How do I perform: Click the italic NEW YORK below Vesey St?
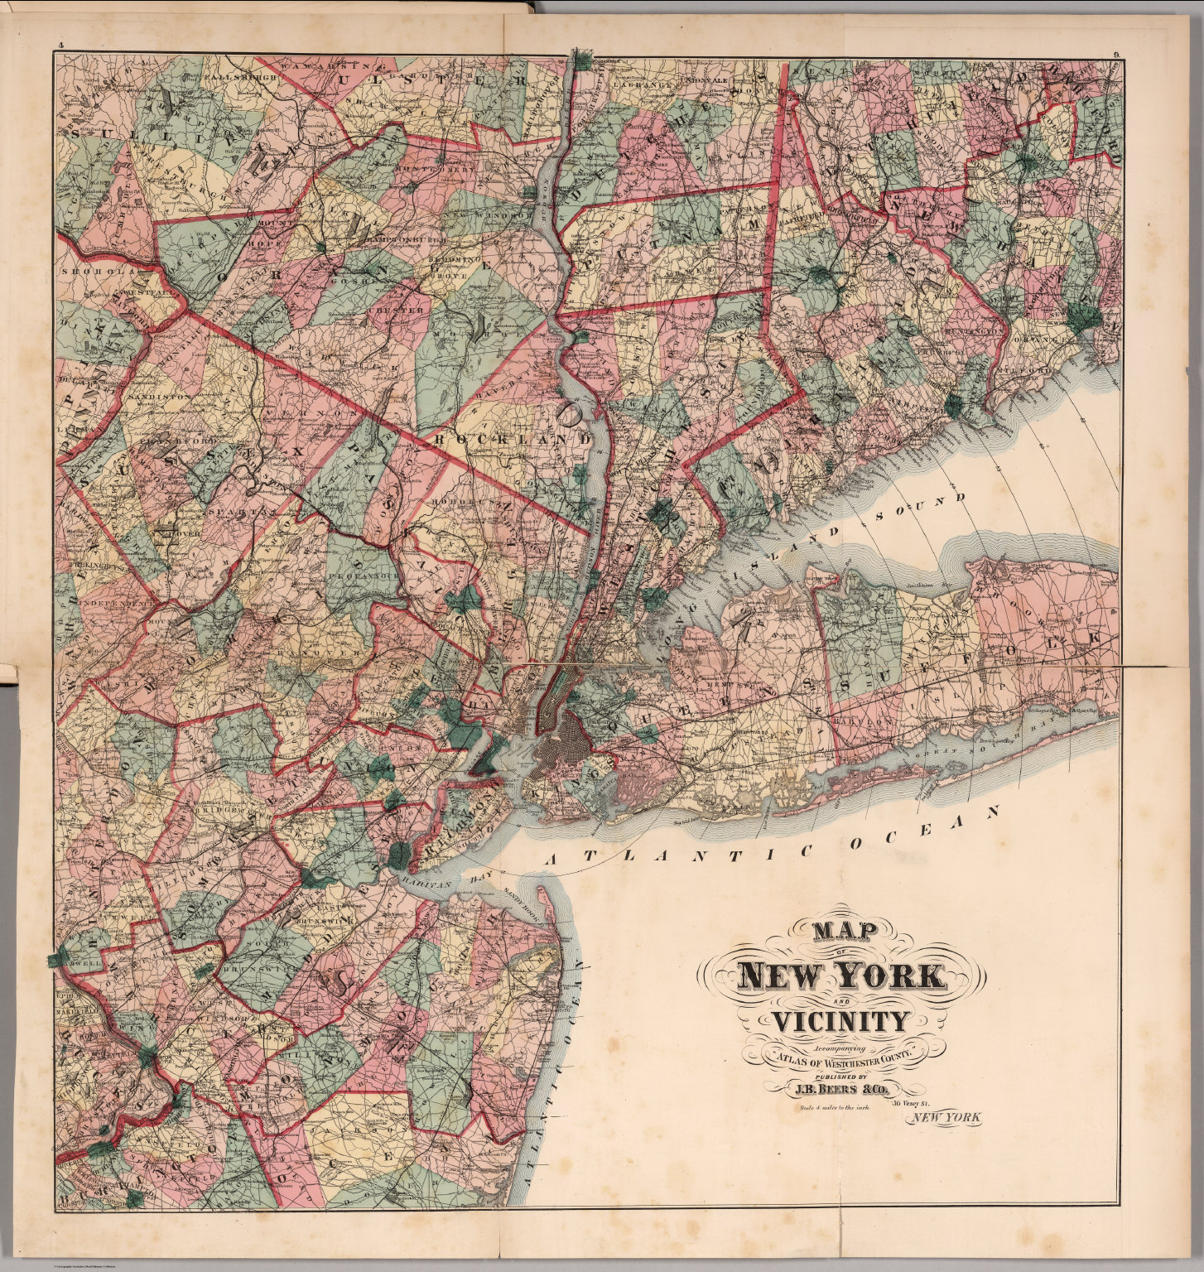tap(944, 1118)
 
